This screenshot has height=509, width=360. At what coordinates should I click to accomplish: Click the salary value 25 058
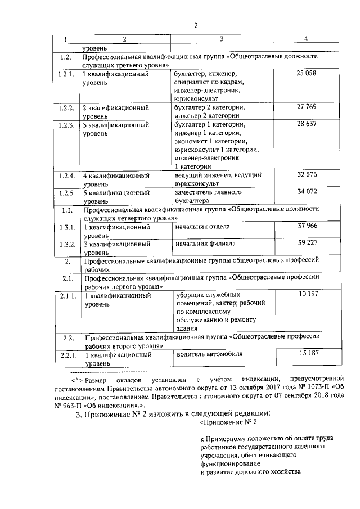[307, 74]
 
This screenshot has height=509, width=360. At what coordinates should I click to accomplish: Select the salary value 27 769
[307, 107]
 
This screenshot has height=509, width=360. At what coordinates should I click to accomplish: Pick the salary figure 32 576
[307, 174]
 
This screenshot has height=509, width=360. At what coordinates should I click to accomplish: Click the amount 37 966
[307, 226]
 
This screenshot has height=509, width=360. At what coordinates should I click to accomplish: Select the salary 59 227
[307, 243]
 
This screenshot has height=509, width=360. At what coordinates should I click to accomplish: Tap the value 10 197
[307, 294]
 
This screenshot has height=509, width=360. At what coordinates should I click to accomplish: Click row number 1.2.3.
[66, 125]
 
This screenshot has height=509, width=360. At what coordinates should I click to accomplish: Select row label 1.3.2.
[66, 244]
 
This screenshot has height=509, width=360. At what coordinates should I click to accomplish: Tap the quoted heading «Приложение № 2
[228, 422]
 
